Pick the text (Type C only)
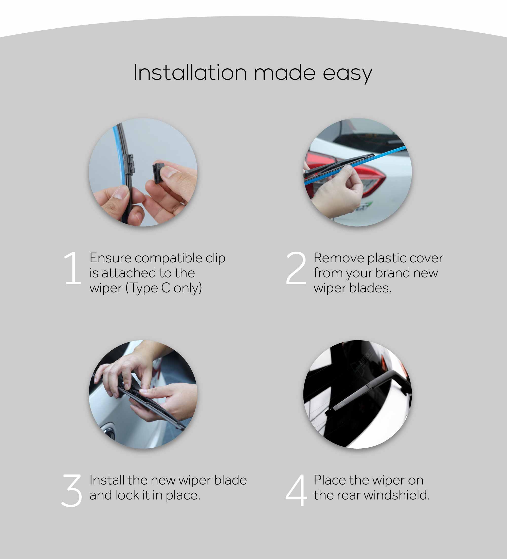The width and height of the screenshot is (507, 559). coord(164,288)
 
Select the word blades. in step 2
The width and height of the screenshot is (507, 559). coord(370,288)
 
